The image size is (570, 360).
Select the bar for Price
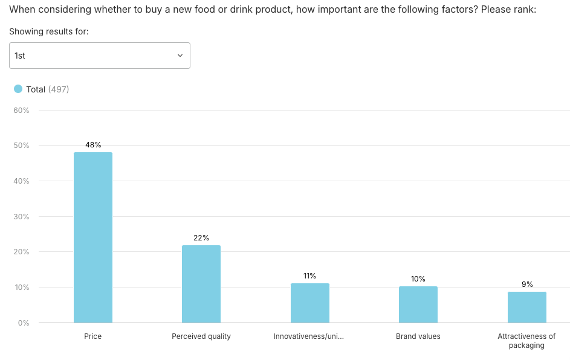pos(93,237)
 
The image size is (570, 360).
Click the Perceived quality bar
pos(201,284)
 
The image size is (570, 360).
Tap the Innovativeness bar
pos(309,303)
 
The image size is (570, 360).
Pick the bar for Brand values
pos(418,304)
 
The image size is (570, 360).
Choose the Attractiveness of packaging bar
pos(526,307)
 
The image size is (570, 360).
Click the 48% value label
pos(93,145)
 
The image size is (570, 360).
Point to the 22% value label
pos(201,238)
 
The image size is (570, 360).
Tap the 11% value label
pos(309,276)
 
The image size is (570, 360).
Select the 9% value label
pos(527,284)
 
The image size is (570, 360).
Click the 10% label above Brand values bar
pos(418,279)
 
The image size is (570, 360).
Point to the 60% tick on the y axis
pos(22,111)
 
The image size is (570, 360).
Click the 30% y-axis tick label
pos(22,216)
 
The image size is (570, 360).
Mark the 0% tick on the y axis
pos(24,323)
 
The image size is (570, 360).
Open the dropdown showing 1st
pos(100,56)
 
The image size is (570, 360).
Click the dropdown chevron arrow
pos(180,56)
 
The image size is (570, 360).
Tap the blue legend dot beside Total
pos(18,89)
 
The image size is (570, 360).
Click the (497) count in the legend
pos(59,89)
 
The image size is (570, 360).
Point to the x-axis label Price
pos(93,336)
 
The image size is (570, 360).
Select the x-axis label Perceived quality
pos(201,336)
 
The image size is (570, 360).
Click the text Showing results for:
pos(49,31)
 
